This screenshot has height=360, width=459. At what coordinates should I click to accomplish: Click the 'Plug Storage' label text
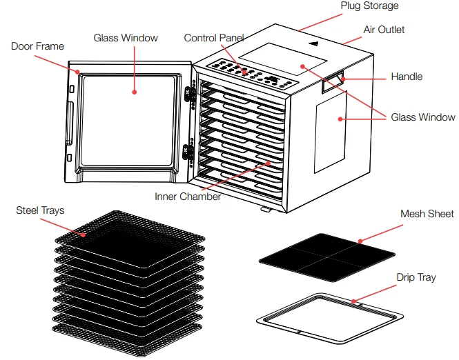point(369,6)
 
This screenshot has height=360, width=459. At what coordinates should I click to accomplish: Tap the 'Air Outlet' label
point(384,30)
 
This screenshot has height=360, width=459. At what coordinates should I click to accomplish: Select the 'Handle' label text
point(407,77)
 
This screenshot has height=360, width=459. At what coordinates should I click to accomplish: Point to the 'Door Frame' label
point(38,47)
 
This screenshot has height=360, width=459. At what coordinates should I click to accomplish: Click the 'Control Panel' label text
point(214,38)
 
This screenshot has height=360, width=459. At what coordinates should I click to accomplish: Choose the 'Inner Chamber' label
point(188,197)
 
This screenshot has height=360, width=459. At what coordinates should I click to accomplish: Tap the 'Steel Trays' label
point(40,210)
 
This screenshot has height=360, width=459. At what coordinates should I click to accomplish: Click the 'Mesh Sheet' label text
point(427,214)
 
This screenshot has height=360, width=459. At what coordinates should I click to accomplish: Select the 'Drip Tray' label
point(416,278)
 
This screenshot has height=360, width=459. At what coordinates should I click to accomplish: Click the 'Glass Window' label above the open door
point(126,38)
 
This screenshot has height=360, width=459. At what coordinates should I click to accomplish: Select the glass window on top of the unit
point(280,61)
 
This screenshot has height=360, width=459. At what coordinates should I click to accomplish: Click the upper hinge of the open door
point(186,97)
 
